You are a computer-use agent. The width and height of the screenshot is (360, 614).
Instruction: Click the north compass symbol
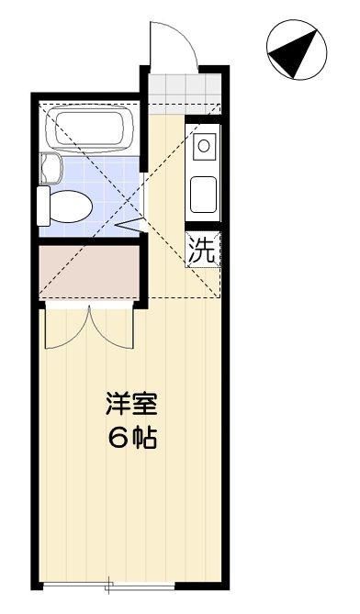point(297,50)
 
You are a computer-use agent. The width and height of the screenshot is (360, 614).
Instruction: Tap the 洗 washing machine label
point(202,249)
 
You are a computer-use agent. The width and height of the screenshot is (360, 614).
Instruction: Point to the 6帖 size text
point(132,438)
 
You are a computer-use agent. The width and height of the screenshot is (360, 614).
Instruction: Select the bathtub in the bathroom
point(90,128)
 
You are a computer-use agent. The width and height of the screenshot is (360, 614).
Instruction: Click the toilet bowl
point(71,207)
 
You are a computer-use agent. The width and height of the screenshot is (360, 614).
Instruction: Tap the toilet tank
point(43,206)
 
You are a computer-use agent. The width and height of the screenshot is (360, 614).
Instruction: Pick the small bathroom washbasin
point(51,168)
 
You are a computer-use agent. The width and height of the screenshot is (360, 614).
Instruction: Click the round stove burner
point(204,146)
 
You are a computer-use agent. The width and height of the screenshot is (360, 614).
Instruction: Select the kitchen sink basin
point(203,195)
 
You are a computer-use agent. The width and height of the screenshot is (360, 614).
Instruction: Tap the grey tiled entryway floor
point(186,89)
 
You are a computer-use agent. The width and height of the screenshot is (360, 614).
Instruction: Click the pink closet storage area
point(90,271)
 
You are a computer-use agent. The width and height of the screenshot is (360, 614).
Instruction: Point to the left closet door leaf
point(67,329)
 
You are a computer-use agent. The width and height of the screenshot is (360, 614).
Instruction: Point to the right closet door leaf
point(112,329)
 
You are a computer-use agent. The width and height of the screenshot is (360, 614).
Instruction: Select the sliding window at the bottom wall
point(109,586)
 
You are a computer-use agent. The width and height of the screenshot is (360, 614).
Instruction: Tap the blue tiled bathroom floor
point(101,195)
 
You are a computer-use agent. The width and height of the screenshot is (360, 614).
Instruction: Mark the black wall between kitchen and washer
point(203,227)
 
